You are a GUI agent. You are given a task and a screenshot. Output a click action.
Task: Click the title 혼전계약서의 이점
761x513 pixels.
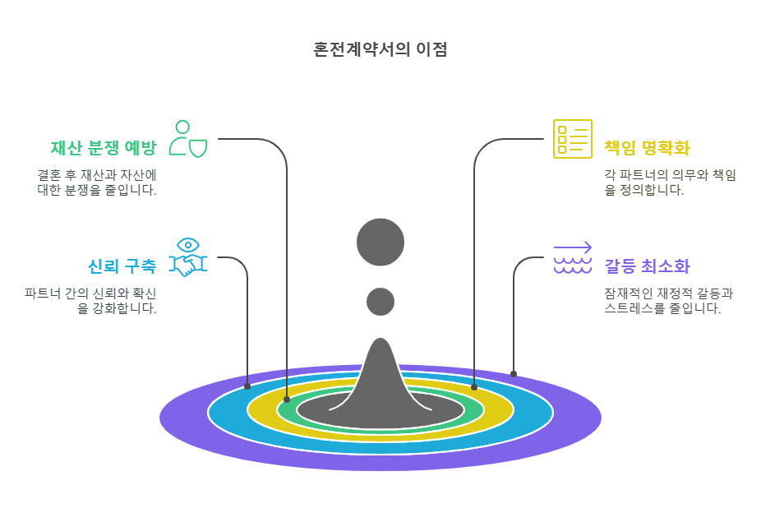pyautogui.click(x=380, y=49)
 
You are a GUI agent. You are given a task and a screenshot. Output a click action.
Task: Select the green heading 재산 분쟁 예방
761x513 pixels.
pyautogui.click(x=103, y=148)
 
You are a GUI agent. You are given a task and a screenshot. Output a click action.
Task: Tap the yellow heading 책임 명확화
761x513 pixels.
pyautogui.click(x=647, y=148)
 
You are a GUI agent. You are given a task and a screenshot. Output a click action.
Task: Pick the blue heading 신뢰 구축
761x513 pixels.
pyautogui.click(x=122, y=266)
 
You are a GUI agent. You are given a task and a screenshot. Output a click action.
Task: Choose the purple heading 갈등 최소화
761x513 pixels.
pyautogui.click(x=647, y=266)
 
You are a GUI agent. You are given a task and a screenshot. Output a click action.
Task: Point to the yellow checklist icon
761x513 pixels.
pyautogui.click(x=572, y=138)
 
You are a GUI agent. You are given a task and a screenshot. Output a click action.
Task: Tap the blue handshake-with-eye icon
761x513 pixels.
pyautogui.click(x=188, y=257)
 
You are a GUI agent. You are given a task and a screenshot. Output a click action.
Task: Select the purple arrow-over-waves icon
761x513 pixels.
pyautogui.click(x=573, y=257)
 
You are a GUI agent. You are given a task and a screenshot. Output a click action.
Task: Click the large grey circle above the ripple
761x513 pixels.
pyautogui.click(x=380, y=243)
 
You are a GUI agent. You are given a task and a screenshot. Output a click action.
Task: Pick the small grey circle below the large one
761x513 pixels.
pyautogui.click(x=380, y=302)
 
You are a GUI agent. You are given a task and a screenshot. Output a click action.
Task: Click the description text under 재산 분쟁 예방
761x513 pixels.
pyautogui.click(x=97, y=183)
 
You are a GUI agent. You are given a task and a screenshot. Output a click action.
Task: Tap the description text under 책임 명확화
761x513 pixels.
pyautogui.click(x=669, y=183)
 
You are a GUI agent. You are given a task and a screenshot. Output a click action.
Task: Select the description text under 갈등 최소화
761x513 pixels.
pyautogui.click(x=669, y=301)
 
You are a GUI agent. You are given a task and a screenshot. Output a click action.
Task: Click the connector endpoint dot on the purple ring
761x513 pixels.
pyautogui.click(x=514, y=374)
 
